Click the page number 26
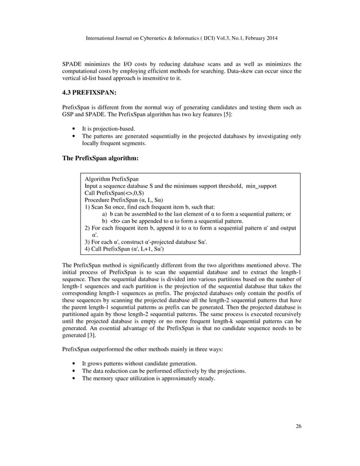click(298, 426)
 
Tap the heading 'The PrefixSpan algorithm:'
click(99, 159)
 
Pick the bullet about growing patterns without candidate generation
click(139, 363)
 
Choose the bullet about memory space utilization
click(148, 378)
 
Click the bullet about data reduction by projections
click(164, 371)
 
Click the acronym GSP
click(69, 115)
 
